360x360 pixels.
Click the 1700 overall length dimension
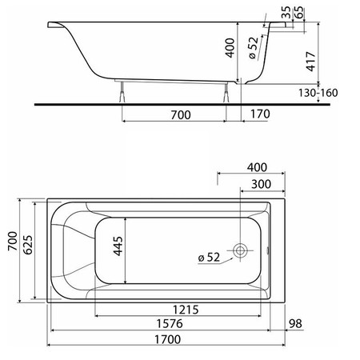tap(168, 339)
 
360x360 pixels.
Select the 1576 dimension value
tap(170, 324)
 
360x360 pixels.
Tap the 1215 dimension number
tap(186, 310)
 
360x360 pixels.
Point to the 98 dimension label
tap(295, 323)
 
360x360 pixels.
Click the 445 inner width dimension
tap(118, 246)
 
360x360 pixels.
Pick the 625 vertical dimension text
tap(28, 245)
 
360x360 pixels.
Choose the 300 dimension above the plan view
tap(261, 184)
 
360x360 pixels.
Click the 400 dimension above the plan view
tap(257, 167)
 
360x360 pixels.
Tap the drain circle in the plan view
tap(240, 250)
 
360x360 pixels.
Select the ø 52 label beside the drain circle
tap(210, 258)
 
